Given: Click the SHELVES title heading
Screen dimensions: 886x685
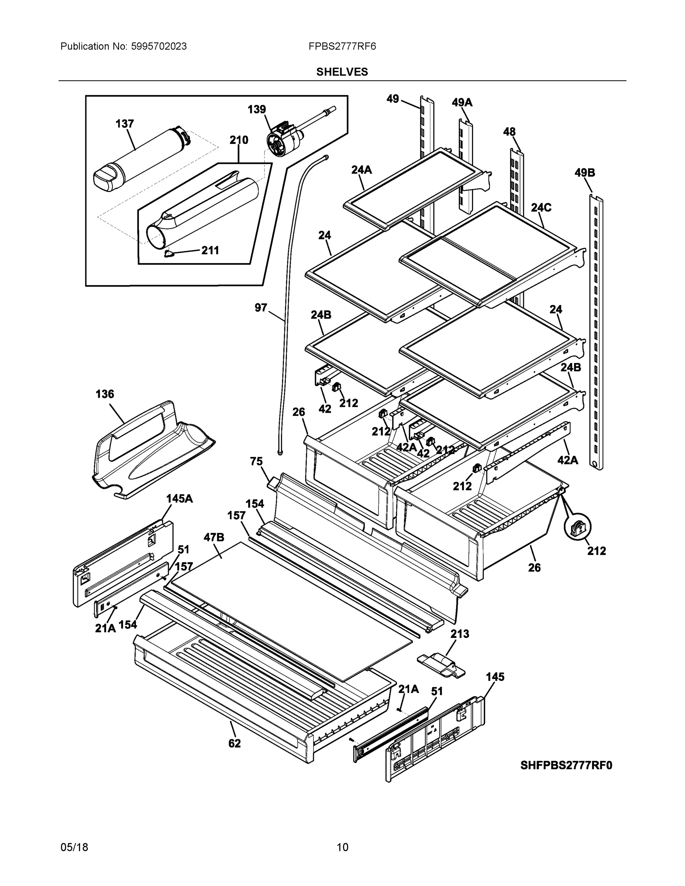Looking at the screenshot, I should click(x=342, y=72).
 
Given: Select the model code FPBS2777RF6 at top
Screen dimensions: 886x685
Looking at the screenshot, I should click(x=342, y=46).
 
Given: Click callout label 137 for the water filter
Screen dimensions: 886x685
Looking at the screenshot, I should click(x=124, y=124).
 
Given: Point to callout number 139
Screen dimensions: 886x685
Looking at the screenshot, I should click(x=257, y=109).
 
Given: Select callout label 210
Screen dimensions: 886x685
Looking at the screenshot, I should click(x=239, y=140).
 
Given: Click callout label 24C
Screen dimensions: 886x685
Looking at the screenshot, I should click(x=541, y=208).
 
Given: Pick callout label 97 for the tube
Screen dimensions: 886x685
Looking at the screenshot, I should click(x=261, y=308).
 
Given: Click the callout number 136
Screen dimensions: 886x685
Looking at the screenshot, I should click(x=105, y=394).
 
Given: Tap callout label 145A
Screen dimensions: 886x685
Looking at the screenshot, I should click(x=179, y=499).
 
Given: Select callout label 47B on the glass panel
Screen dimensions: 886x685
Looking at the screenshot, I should click(x=213, y=538).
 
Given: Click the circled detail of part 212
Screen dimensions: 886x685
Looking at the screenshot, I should click(x=578, y=527).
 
